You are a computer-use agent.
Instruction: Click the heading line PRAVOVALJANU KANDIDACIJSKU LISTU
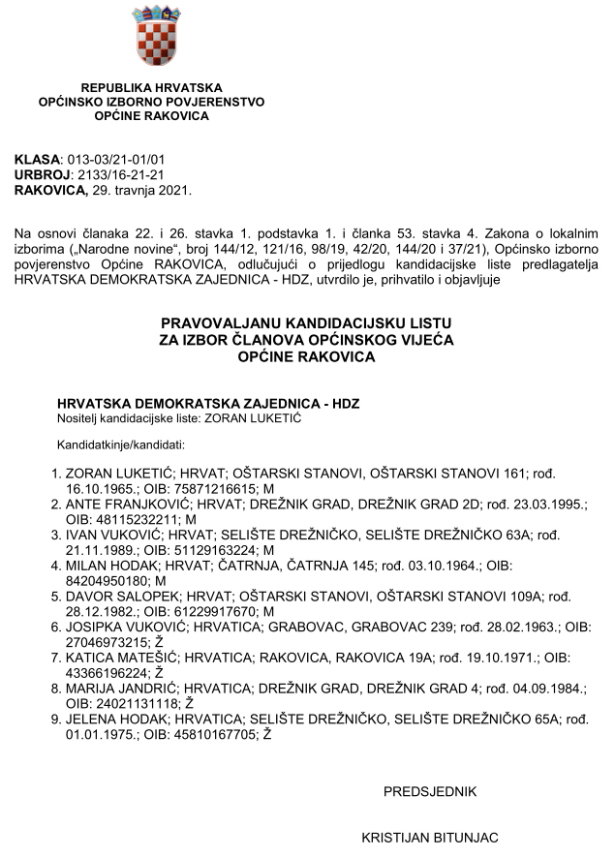[307, 322]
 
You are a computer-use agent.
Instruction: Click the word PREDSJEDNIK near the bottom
[430, 792]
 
